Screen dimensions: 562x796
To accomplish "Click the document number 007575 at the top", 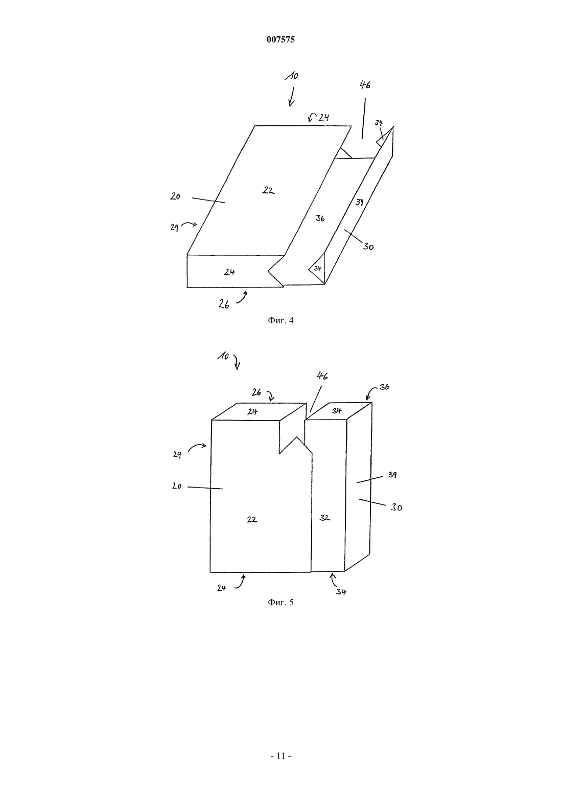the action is click(x=280, y=39).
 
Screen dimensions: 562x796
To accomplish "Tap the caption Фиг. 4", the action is click(x=280, y=321).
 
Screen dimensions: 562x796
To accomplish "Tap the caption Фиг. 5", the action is click(x=280, y=602).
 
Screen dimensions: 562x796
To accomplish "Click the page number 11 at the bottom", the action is click(x=280, y=756).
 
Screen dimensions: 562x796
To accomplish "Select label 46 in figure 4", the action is click(x=365, y=84).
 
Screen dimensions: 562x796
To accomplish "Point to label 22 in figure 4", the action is click(x=268, y=190).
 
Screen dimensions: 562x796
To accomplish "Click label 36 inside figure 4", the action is click(x=320, y=218).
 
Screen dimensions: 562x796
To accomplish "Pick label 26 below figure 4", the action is click(x=224, y=304).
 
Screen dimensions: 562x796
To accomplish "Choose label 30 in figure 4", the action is click(x=368, y=246).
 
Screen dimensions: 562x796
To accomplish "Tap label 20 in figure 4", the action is click(x=175, y=196).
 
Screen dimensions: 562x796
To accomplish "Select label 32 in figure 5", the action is click(x=324, y=518).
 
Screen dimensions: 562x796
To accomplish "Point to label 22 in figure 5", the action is click(x=252, y=520).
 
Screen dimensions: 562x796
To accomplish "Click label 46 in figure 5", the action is click(x=322, y=375).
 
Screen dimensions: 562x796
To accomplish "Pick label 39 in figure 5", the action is click(x=392, y=474).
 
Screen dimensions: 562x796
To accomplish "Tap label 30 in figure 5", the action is click(x=396, y=507).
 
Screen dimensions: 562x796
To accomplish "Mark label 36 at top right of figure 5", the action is click(x=384, y=387).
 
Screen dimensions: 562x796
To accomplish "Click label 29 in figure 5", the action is click(x=177, y=454).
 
